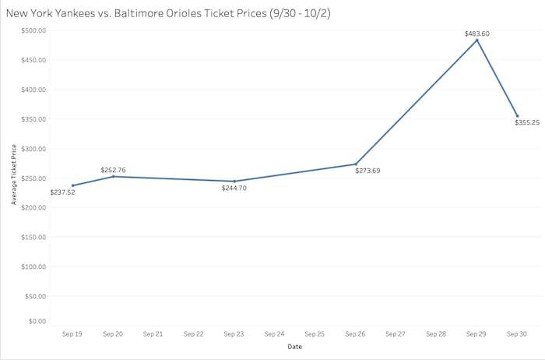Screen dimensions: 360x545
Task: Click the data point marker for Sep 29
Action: coord(476,40)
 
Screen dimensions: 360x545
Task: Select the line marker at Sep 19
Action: coord(73,185)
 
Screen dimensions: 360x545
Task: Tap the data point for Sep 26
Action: coord(356,164)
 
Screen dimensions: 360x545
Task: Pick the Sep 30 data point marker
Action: coord(517,116)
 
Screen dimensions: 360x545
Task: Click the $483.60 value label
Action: coord(476,33)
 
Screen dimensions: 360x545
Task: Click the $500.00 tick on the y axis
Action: coord(33,30)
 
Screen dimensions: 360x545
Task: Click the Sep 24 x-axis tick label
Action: coord(275,334)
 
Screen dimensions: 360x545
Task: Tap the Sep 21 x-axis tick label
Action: coord(153,334)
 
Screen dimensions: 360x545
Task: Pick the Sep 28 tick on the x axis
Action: coord(436,334)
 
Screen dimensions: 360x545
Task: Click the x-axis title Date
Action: coord(294,346)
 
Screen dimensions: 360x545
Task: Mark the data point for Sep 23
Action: coord(234,181)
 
